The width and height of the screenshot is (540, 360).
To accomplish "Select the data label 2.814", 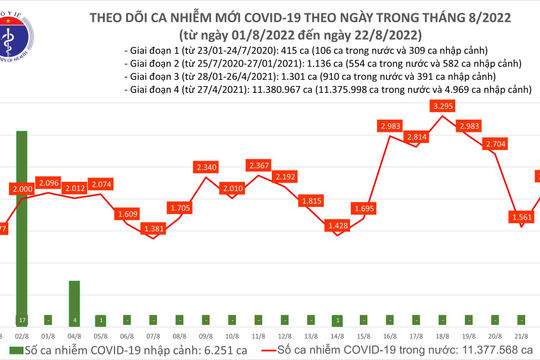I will tap(415, 136).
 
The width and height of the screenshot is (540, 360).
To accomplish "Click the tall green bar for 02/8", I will tap(20, 230).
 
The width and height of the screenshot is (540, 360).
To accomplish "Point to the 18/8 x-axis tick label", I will tap(441, 336).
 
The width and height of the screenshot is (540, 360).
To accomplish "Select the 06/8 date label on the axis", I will tap(129, 336).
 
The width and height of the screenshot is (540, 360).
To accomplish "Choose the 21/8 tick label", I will tap(519, 336).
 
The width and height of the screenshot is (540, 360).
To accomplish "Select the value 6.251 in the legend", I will tap(195, 350).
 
